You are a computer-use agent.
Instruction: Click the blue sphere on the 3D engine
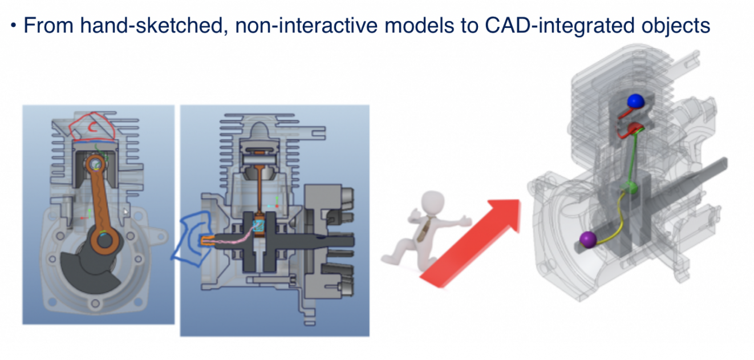pyautogui.click(x=636, y=102)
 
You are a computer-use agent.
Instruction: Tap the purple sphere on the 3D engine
pyautogui.click(x=588, y=240)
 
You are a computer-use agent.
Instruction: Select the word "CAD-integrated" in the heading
pyautogui.click(x=560, y=26)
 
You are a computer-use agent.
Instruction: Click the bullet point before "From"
pyautogui.click(x=14, y=26)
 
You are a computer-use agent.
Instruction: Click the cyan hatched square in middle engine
pyautogui.click(x=258, y=225)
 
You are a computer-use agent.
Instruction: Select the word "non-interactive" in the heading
pyautogui.click(x=306, y=26)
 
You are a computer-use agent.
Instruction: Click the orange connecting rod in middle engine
pyautogui.click(x=259, y=191)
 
